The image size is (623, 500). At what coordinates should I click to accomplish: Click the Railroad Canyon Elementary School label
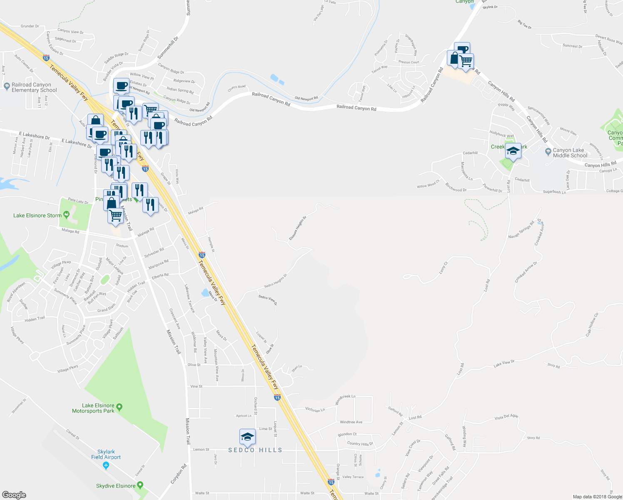pos(34,87)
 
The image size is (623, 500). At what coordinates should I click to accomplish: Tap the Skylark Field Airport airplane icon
pos(106,465)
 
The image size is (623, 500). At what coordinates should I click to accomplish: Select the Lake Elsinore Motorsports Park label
pos(93,408)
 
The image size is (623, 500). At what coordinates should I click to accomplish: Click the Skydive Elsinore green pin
pos(140,485)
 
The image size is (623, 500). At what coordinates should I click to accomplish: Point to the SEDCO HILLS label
pos(255,450)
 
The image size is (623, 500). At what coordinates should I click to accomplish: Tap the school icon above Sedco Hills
pos(247,437)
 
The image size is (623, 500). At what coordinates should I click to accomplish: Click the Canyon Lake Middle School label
pos(570,153)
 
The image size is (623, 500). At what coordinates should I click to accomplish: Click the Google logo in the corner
pos(14,495)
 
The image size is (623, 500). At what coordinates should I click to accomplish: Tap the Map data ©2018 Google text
pos(597,497)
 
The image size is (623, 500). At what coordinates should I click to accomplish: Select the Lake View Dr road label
pos(504,363)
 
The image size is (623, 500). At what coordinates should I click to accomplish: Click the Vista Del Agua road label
pos(506,417)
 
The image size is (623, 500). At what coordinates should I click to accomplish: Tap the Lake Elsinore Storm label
pos(37,215)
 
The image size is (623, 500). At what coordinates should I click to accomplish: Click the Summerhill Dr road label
pos(168,47)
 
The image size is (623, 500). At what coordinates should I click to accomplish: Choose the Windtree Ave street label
pos(351,422)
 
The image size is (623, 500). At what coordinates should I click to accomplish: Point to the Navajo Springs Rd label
pos(521,230)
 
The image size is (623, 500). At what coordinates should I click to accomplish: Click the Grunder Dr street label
pos(30,26)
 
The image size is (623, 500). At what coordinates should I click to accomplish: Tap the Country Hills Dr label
pos(360,444)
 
